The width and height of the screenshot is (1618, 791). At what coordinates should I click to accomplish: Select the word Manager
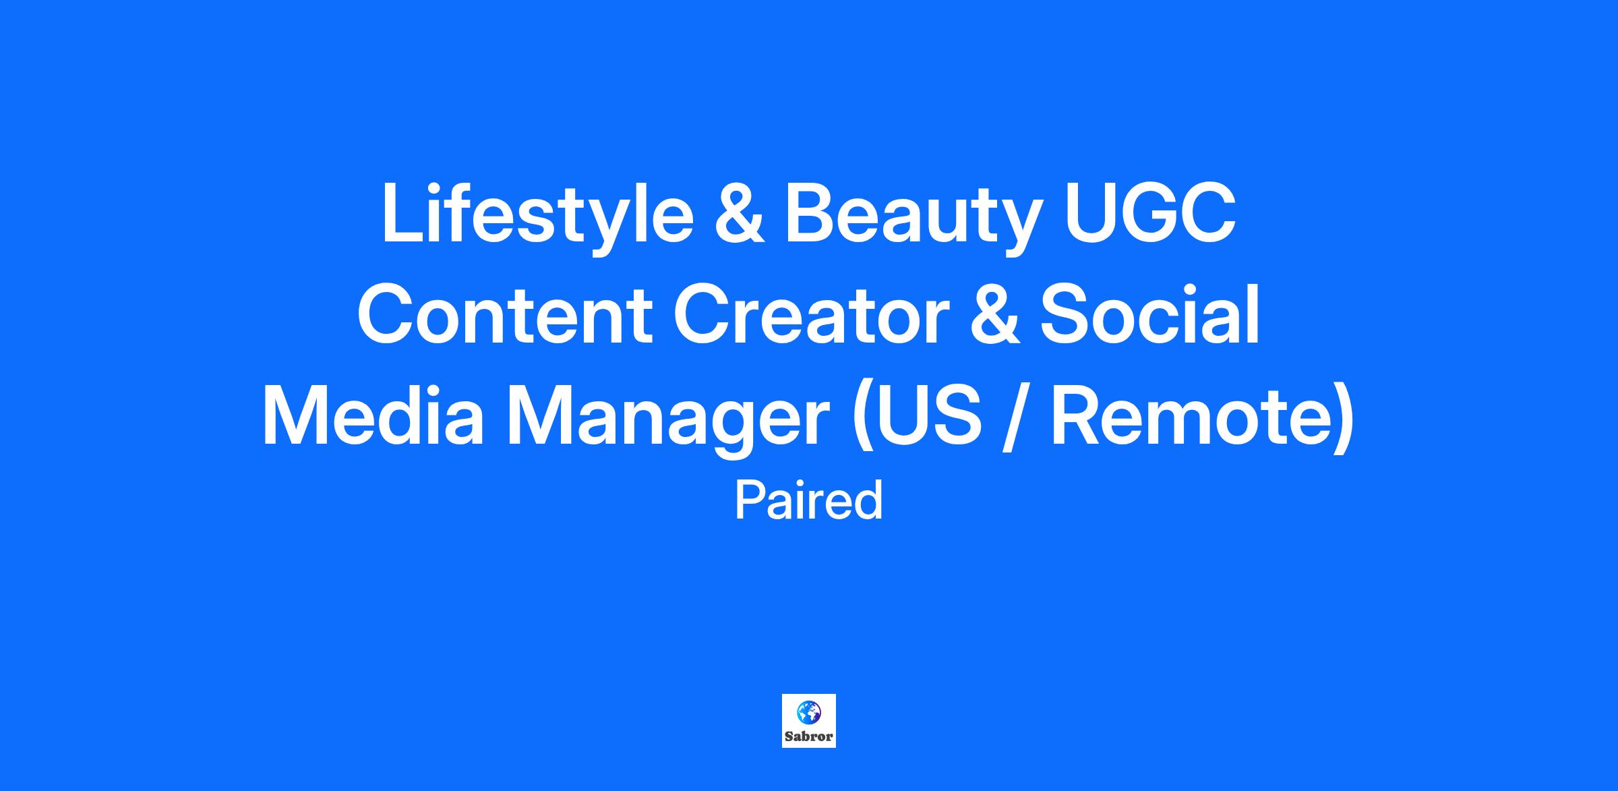(668, 421)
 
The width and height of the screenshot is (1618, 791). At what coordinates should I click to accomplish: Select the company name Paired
(809, 501)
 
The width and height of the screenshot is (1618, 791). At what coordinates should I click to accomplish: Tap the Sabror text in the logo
(808, 736)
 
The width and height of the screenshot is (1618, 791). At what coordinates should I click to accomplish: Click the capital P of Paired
(748, 501)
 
